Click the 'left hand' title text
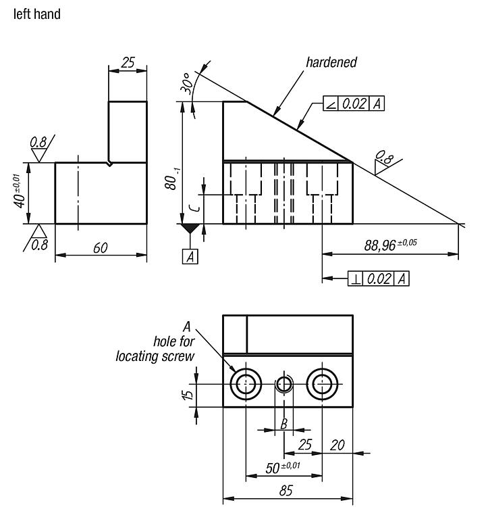(37, 14)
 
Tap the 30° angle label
(187, 83)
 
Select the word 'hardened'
(331, 62)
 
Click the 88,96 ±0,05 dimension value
(391, 245)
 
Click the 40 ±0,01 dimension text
(19, 191)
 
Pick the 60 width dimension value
(101, 248)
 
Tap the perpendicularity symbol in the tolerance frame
(356, 279)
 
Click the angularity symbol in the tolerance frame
(331, 104)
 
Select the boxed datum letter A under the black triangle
(190, 256)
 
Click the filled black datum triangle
(190, 228)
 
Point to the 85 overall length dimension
(286, 490)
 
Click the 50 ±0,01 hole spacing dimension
(283, 468)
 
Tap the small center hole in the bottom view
(284, 384)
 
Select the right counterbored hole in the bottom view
(322, 384)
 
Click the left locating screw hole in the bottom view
(246, 384)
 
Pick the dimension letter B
(283, 423)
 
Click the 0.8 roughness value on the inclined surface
(385, 158)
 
